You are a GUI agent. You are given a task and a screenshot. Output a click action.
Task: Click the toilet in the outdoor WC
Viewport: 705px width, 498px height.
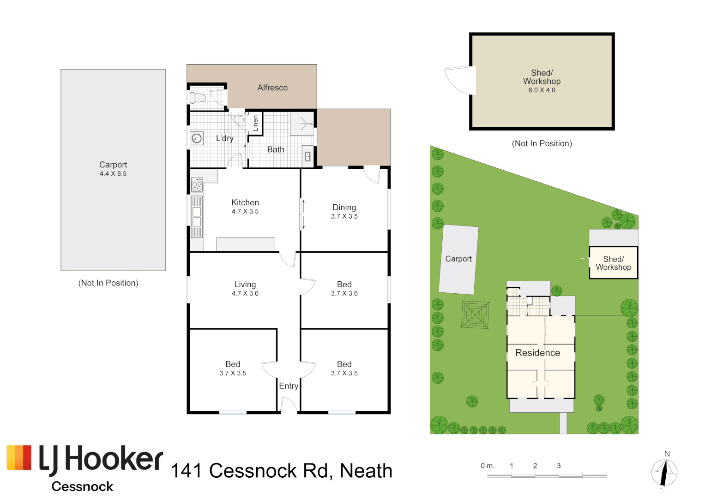click(197, 98)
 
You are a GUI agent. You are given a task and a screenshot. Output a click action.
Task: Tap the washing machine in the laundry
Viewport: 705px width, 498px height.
click(197, 138)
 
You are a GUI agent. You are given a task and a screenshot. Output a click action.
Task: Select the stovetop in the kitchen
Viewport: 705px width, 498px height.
click(197, 185)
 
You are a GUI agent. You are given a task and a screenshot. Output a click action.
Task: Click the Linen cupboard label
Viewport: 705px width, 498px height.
click(255, 123)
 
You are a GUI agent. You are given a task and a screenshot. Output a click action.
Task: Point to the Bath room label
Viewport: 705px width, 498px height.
click(276, 150)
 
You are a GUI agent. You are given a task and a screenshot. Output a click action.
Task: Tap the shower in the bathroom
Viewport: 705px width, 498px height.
click(302, 124)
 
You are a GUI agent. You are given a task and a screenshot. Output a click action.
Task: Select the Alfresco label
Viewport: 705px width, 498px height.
click(272, 88)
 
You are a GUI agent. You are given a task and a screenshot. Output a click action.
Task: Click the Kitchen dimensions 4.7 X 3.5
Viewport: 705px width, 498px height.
click(245, 212)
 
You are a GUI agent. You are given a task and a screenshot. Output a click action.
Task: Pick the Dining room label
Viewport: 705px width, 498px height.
click(344, 207)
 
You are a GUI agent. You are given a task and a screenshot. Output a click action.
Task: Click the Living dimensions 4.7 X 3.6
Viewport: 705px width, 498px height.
click(245, 294)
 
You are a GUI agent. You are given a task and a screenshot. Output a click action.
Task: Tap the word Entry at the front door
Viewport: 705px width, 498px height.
click(289, 386)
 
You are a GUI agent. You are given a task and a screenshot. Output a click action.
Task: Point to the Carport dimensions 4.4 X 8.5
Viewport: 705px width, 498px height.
click(113, 174)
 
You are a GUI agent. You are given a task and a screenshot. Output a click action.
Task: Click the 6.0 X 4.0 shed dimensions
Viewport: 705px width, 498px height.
click(542, 90)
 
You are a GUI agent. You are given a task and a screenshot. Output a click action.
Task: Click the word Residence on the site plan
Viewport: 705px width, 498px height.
click(537, 353)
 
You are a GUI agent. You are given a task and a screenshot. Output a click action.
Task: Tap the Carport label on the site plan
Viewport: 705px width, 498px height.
click(458, 259)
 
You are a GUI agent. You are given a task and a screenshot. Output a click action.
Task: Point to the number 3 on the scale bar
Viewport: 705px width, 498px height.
click(559, 466)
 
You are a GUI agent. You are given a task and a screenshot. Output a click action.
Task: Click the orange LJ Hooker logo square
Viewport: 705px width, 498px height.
click(19, 457)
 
